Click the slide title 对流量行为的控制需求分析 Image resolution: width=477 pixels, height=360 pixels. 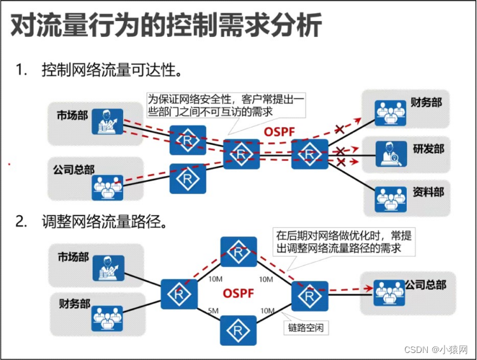[167, 27]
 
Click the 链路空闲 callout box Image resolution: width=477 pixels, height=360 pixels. [304, 329]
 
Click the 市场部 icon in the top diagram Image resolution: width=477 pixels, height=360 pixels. [106, 121]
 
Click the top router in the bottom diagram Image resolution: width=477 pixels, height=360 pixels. [238, 252]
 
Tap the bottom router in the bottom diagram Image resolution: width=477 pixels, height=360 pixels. [238, 331]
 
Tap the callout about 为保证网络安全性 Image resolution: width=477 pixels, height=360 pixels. [225, 105]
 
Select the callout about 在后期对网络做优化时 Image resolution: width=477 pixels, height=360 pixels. [342, 241]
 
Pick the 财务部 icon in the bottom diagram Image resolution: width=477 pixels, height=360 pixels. [106, 317]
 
